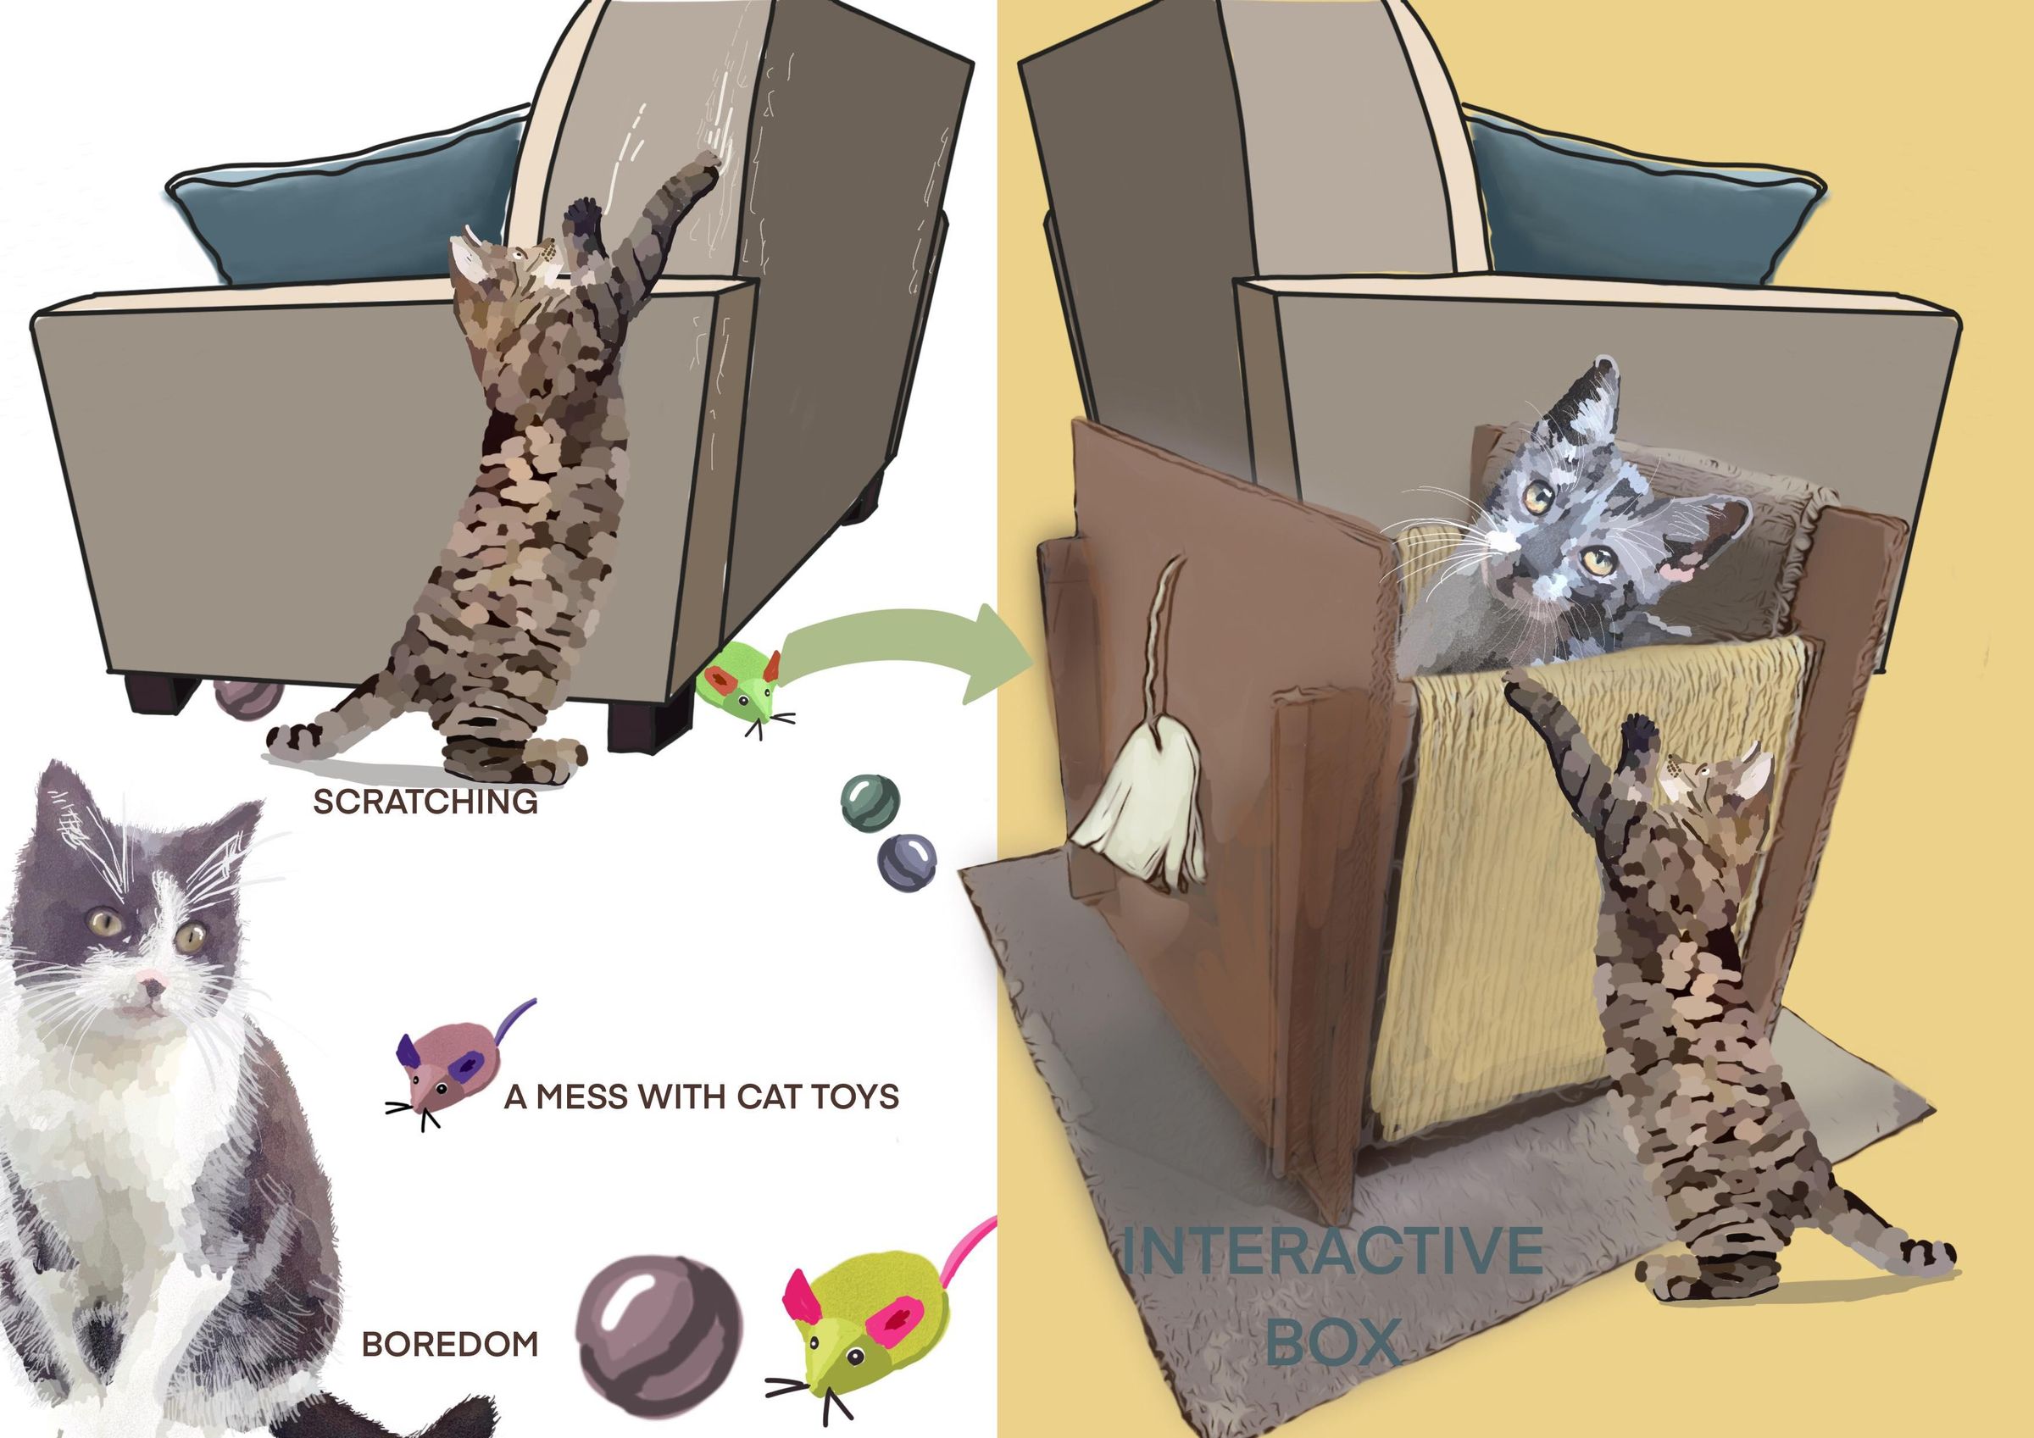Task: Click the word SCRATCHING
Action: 425,802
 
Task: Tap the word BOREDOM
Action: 450,1344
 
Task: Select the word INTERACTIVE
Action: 1332,1251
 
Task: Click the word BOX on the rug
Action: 1332,1341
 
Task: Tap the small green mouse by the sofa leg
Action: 740,682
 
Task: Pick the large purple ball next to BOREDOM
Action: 659,1324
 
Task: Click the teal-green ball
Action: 869,802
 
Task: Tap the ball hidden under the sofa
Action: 248,698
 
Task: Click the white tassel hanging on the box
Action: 1142,824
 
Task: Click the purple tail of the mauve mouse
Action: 514,1019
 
